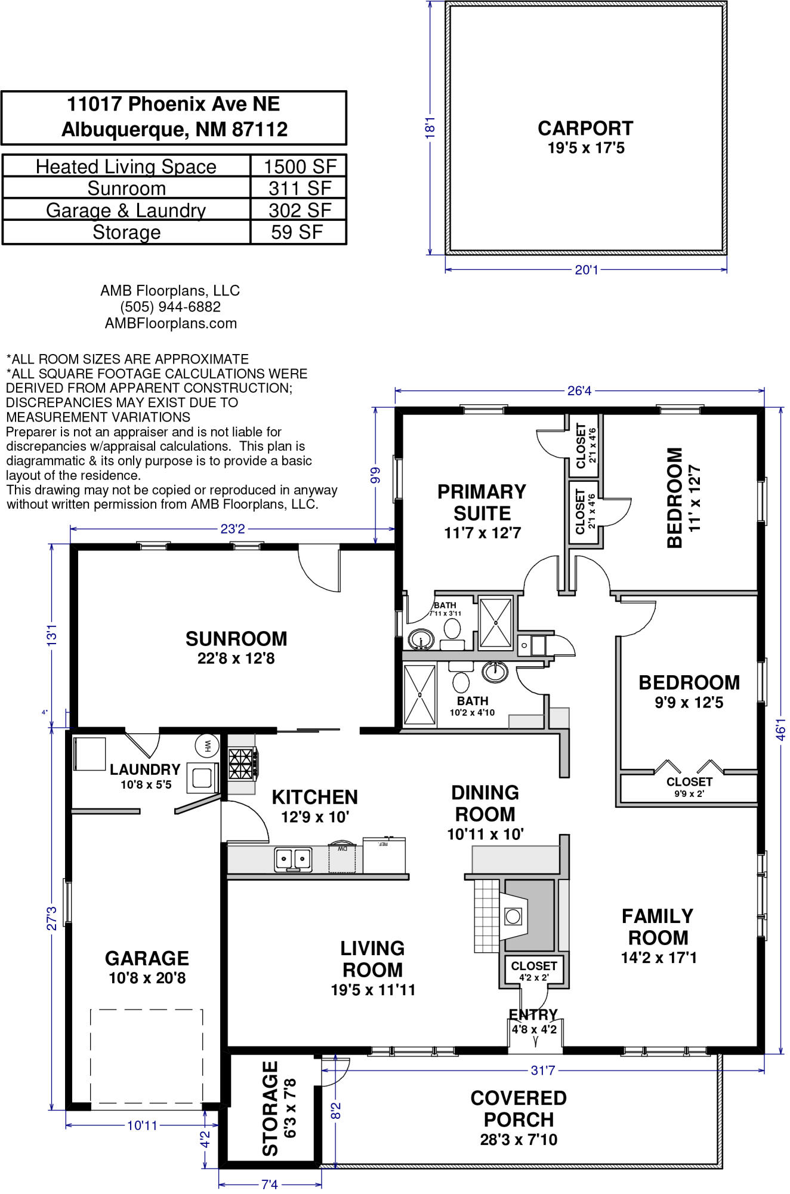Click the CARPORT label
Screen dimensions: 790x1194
pos(585,128)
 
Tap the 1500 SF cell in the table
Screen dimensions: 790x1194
pos(300,167)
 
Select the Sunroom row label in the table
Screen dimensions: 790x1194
pos(126,189)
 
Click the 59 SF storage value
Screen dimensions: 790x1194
pos(297,232)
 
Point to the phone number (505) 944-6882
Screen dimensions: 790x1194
pos(171,307)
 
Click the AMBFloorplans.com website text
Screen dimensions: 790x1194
pos(171,324)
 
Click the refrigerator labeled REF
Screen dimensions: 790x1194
pos(384,855)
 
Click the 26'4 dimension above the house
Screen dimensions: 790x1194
pos(579,391)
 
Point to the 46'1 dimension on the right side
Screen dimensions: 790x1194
pos(781,730)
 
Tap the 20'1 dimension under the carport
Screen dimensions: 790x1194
pos(586,270)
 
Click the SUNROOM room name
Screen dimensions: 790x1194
pos(236,639)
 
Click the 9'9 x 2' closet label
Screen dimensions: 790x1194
pos(689,794)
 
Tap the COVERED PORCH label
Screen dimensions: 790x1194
pos(519,1109)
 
